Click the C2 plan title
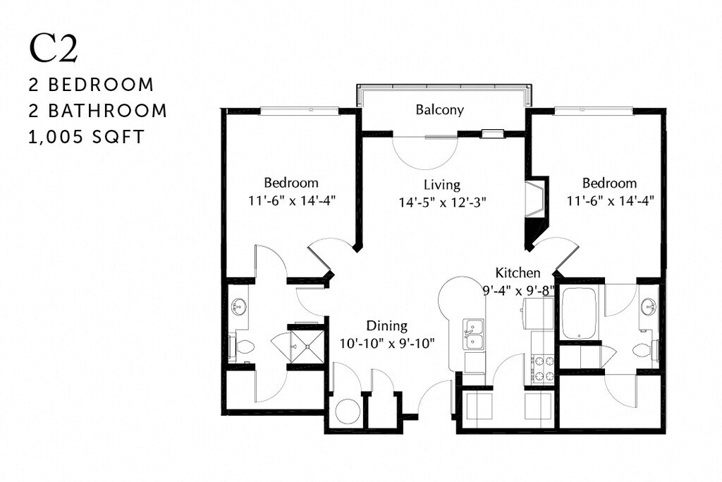pyautogui.click(x=53, y=49)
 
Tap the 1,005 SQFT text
pyautogui.click(x=86, y=137)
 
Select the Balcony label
pyautogui.click(x=439, y=109)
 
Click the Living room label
pyautogui.click(x=442, y=185)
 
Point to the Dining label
pyautogui.click(x=386, y=326)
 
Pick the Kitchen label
pyautogui.click(x=518, y=272)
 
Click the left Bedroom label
pyautogui.click(x=291, y=182)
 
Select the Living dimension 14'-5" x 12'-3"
pyautogui.click(x=442, y=202)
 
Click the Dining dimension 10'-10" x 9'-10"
pyautogui.click(x=386, y=343)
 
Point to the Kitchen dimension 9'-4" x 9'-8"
pyautogui.click(x=520, y=289)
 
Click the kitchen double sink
pyautogui.click(x=474, y=334)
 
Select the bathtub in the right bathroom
pyautogui.click(x=580, y=313)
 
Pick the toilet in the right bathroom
pyautogui.click(x=644, y=350)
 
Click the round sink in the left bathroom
pyautogui.click(x=239, y=307)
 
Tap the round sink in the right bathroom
pyautogui.click(x=649, y=307)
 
